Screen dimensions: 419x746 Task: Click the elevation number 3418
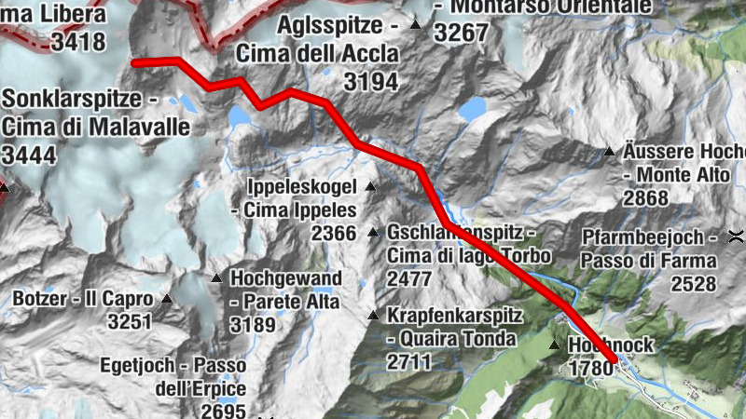click(x=78, y=42)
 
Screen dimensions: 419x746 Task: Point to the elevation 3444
click(x=29, y=154)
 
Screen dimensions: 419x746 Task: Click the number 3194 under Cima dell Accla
click(x=370, y=82)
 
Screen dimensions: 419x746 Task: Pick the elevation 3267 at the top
click(x=462, y=33)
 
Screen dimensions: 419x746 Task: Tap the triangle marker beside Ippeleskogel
click(x=370, y=186)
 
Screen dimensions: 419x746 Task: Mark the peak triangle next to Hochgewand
click(x=216, y=277)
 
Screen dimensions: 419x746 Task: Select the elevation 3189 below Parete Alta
click(x=253, y=325)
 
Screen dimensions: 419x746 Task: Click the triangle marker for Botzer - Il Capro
click(x=167, y=299)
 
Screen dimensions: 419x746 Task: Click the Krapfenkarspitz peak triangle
click(x=374, y=316)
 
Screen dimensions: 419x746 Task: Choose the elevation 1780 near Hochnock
click(x=589, y=368)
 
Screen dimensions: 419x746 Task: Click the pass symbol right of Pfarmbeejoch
click(x=737, y=235)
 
